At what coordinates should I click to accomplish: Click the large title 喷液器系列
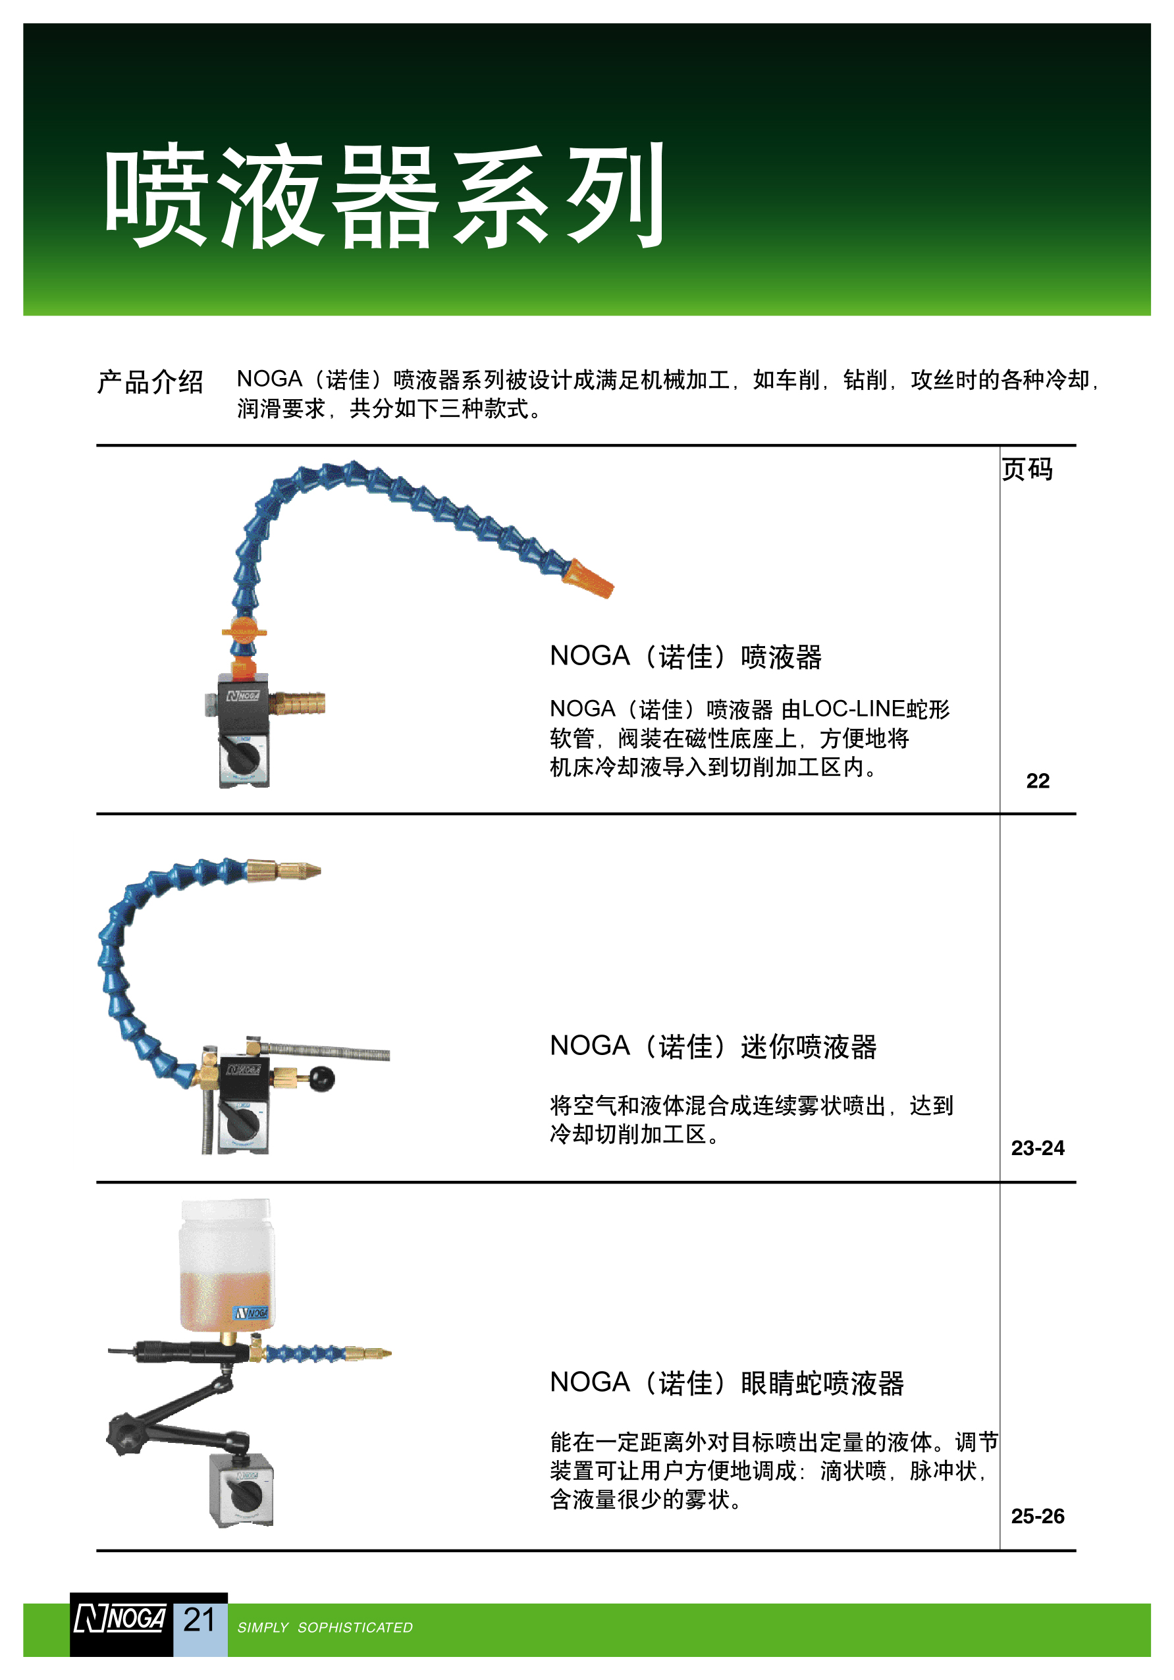click(x=385, y=196)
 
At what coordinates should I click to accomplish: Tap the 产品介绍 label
click(x=150, y=382)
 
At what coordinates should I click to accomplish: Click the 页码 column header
click(x=1027, y=469)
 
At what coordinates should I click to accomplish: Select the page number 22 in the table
click(x=1037, y=781)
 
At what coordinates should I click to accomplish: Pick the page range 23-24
click(x=1037, y=1148)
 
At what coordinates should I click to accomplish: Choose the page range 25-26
click(x=1037, y=1516)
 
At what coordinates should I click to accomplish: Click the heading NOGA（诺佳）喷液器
click(x=685, y=657)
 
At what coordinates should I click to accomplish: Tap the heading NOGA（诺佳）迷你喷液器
click(x=713, y=1046)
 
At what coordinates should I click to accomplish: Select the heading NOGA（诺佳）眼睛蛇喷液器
click(x=727, y=1383)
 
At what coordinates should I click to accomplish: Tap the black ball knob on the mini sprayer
click(x=321, y=1079)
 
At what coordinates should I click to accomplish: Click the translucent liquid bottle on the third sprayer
click(x=227, y=1264)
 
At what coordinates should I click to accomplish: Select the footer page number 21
click(x=199, y=1619)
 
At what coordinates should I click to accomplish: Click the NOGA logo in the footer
click(x=120, y=1619)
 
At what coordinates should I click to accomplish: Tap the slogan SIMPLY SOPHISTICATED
click(x=325, y=1627)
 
